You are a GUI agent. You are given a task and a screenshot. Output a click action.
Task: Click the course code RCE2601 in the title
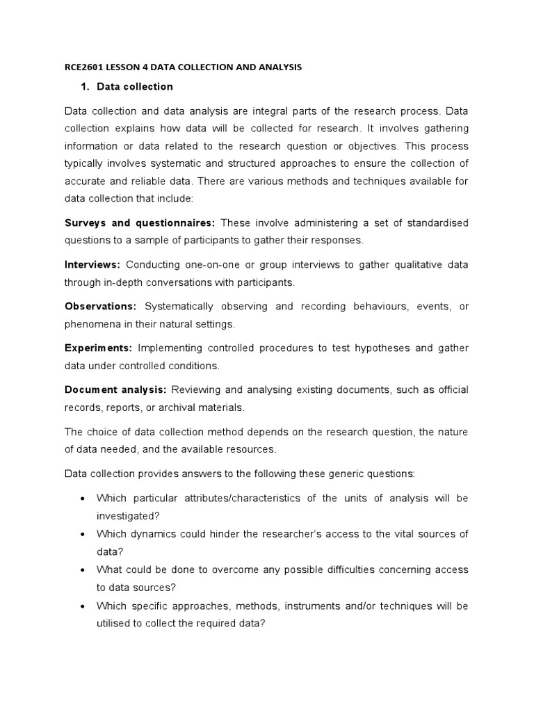(85, 68)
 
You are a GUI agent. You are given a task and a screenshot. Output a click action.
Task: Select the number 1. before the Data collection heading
(87, 87)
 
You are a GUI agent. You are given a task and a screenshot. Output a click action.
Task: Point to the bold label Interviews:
(92, 264)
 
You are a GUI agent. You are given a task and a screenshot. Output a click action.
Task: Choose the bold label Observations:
(101, 306)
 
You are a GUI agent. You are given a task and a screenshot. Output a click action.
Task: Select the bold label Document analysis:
(115, 389)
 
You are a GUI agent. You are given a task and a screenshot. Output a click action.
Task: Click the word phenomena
(91, 324)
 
